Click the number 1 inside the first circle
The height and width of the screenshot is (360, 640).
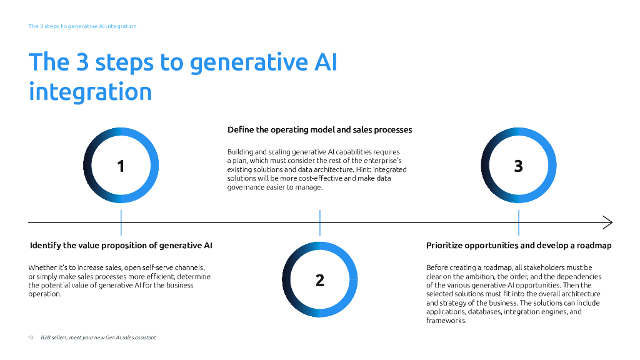121,166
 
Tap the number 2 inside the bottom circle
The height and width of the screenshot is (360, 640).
320,280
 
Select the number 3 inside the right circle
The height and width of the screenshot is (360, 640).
518,166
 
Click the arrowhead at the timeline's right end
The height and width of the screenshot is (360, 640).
608,222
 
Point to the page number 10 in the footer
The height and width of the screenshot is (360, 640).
30,337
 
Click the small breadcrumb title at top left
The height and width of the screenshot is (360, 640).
82,26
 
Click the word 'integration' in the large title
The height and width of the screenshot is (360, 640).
90,92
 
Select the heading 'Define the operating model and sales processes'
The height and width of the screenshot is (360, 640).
319,130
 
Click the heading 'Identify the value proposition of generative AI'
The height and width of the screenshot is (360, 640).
121,246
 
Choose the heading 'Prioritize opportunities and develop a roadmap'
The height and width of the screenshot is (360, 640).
518,246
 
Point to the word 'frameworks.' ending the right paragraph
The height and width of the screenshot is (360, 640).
446,321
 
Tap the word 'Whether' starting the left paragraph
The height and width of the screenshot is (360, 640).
42,267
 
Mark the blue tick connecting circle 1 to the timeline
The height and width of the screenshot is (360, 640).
121,222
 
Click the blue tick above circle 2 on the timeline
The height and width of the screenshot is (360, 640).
320,222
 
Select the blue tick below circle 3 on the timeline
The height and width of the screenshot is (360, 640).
518,222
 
